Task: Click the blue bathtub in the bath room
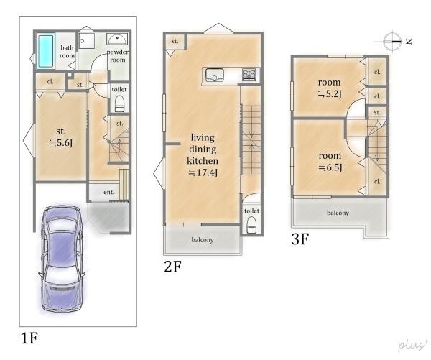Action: coord(46,51)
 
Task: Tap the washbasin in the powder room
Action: coord(117,40)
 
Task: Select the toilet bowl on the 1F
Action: coord(119,103)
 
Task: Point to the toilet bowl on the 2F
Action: coord(251,225)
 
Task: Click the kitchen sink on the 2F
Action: coord(215,75)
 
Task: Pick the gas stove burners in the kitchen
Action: coord(249,75)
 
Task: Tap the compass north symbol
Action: coord(393,42)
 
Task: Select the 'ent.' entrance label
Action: coord(109,193)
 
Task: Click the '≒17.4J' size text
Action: coord(203,172)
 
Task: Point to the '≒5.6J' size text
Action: coord(61,143)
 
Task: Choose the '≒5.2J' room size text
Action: coord(330,94)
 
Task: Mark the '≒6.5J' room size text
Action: coord(330,167)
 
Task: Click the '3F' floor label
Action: coord(300,239)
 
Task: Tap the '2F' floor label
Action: coord(172,267)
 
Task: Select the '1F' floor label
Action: coord(29,338)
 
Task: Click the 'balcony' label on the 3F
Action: coord(338,213)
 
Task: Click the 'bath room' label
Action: coord(67,52)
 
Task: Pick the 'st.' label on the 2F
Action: coord(175,41)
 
